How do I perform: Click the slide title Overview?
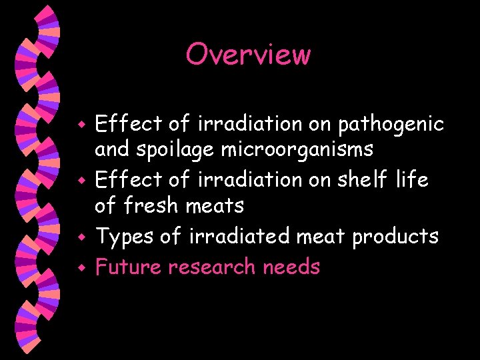[x=248, y=54]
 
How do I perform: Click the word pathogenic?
[x=391, y=124]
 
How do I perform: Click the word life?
[x=413, y=180]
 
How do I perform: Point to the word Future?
[x=129, y=267]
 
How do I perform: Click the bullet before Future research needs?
[x=81, y=268]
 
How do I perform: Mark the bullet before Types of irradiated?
[x=81, y=237]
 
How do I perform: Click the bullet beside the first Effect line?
[x=81, y=125]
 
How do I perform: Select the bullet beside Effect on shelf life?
[x=81, y=181]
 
